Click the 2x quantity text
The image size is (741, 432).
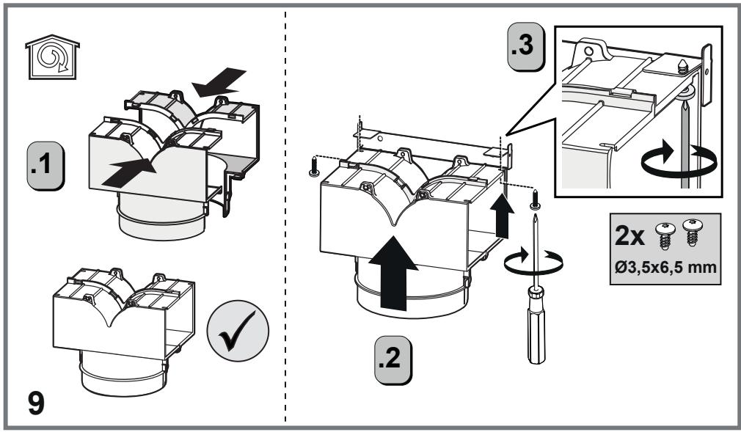pos(629,236)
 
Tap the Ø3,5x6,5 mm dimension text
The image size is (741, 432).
pos(665,268)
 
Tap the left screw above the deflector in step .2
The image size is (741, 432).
pos(314,166)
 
